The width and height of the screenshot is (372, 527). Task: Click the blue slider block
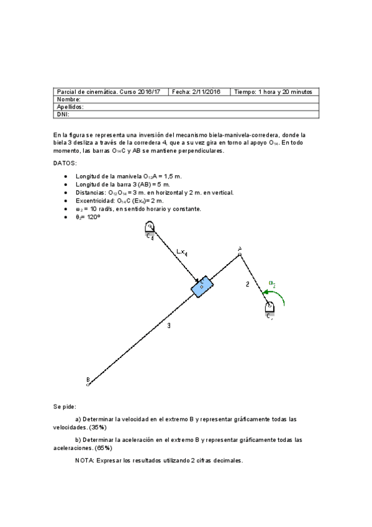(x=202, y=286)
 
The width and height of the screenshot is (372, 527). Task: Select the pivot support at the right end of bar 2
(x=270, y=309)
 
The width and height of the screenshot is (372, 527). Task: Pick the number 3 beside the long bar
(x=169, y=325)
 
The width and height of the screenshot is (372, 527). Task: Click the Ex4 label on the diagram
(x=183, y=252)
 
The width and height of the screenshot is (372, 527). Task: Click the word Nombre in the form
(x=69, y=99)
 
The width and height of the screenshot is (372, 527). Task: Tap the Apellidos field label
(x=70, y=107)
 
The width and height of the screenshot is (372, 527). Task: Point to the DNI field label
(x=63, y=114)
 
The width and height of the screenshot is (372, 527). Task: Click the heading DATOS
(x=65, y=163)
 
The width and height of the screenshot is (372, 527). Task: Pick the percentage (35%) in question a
(x=98, y=428)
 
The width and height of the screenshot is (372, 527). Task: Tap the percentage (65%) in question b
(x=104, y=448)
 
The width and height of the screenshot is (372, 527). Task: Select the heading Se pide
(x=65, y=406)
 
